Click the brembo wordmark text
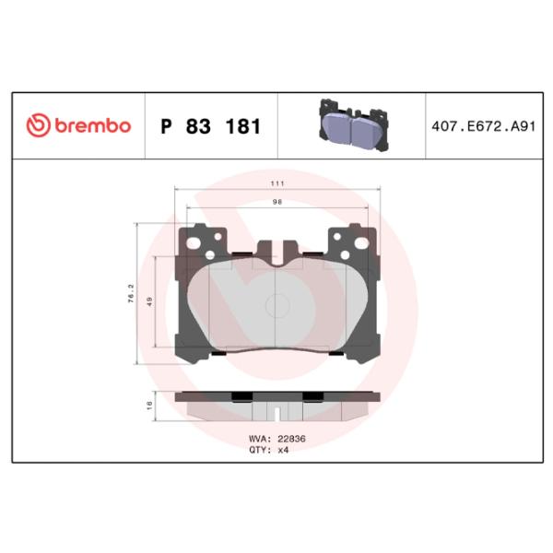point(93,126)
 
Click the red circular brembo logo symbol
point(38,125)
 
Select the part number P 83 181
point(210,126)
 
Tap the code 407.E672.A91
point(484,126)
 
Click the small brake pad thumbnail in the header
point(354,125)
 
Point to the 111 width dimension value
point(277,183)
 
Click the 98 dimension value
point(277,202)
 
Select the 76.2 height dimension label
point(131,293)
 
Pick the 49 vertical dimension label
point(149,301)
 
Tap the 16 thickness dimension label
point(149,406)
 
